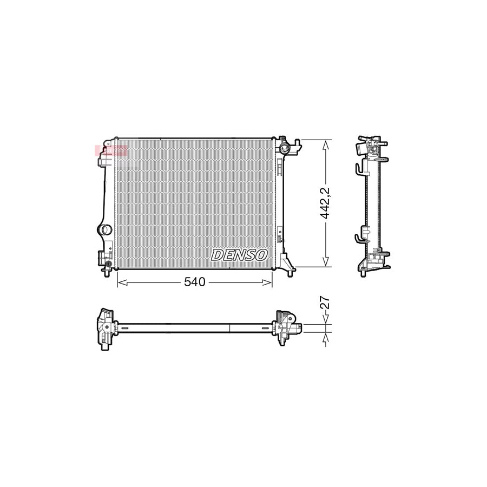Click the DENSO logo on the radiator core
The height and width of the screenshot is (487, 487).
tap(239, 255)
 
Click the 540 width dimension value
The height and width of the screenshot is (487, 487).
tap(195, 282)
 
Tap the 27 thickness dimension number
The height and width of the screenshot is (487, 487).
tap(325, 302)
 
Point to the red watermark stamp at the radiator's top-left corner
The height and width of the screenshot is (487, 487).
tap(111, 150)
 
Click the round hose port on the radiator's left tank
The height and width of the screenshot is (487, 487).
tap(104, 229)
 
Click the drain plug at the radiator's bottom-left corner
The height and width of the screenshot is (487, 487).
tap(109, 265)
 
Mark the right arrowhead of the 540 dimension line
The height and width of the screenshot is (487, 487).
tap(268, 282)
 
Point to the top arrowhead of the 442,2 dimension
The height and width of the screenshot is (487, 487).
tap(326, 143)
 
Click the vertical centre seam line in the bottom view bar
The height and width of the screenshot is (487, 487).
tap(230, 328)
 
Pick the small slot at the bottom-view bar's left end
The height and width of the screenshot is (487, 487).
tap(123, 328)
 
